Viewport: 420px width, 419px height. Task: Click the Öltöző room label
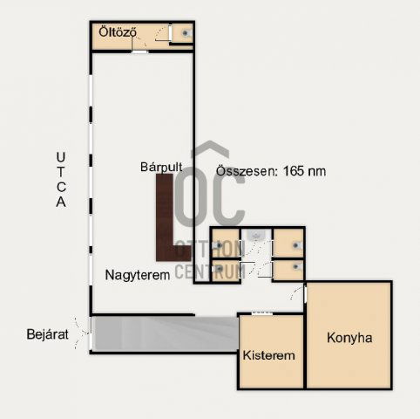[x=118, y=31]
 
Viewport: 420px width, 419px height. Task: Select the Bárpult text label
[x=161, y=167]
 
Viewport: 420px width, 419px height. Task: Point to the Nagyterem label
[x=138, y=275]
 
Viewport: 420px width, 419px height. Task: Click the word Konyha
[x=349, y=338]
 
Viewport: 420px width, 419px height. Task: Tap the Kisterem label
[x=268, y=355]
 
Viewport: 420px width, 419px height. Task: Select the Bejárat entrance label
[x=47, y=334]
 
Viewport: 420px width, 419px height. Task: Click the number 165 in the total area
[x=294, y=171]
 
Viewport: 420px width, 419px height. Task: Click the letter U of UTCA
[x=61, y=157]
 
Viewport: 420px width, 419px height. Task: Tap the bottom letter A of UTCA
[x=61, y=202]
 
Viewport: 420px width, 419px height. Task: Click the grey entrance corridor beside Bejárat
[x=166, y=333]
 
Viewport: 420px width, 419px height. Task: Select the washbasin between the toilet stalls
[x=256, y=235]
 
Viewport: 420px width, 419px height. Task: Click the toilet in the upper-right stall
[x=297, y=245]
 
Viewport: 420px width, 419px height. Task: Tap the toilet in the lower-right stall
[x=297, y=266]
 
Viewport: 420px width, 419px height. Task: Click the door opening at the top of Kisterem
[x=262, y=313]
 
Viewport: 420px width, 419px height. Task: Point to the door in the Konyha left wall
[x=305, y=294]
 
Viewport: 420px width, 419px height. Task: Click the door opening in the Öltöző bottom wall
[x=139, y=52]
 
